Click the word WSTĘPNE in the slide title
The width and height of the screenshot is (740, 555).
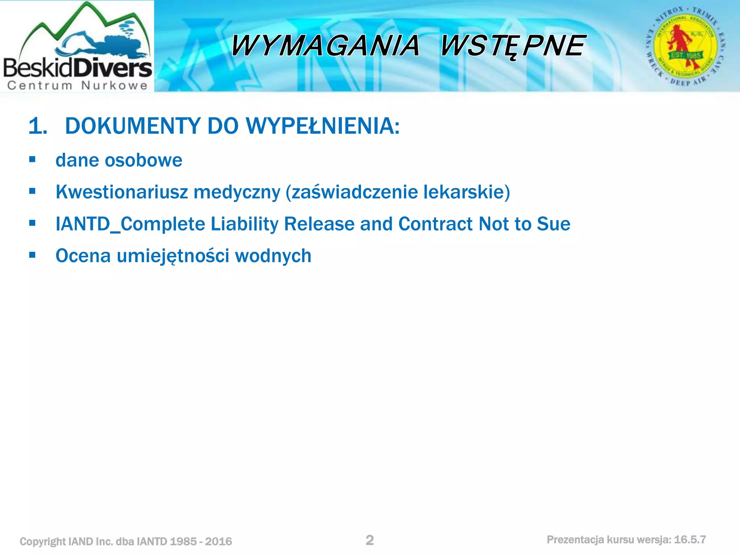click(512, 46)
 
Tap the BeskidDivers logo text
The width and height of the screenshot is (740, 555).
click(77, 68)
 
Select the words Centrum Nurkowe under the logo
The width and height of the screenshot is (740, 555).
click(77, 86)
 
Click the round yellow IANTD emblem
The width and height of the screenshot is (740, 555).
click(685, 46)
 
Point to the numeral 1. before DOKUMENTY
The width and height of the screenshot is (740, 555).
click(38, 126)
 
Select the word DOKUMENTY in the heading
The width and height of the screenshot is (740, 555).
click(133, 126)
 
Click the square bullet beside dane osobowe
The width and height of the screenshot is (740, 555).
click(33, 159)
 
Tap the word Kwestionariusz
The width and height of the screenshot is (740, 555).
click(122, 192)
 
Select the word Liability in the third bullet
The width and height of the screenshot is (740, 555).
click(245, 224)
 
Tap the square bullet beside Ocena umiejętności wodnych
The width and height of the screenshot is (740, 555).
click(33, 255)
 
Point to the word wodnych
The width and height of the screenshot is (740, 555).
click(273, 256)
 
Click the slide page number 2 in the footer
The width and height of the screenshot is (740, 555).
click(370, 540)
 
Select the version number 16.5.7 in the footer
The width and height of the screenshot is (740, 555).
click(690, 540)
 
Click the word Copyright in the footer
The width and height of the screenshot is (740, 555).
click(43, 542)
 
